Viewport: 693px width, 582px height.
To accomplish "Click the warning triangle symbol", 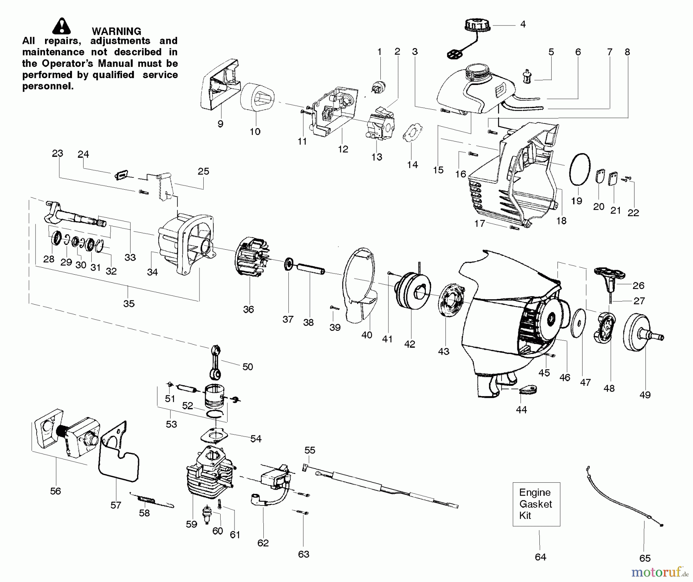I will (x=62, y=27).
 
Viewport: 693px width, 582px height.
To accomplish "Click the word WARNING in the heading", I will (x=116, y=31).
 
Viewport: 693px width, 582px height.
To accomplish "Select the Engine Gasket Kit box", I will (x=536, y=504).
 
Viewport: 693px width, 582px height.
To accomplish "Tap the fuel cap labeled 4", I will (x=477, y=27).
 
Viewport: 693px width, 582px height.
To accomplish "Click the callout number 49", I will (x=645, y=395).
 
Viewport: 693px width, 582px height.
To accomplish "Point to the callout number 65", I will (x=645, y=558).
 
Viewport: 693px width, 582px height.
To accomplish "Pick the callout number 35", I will (x=129, y=304).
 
